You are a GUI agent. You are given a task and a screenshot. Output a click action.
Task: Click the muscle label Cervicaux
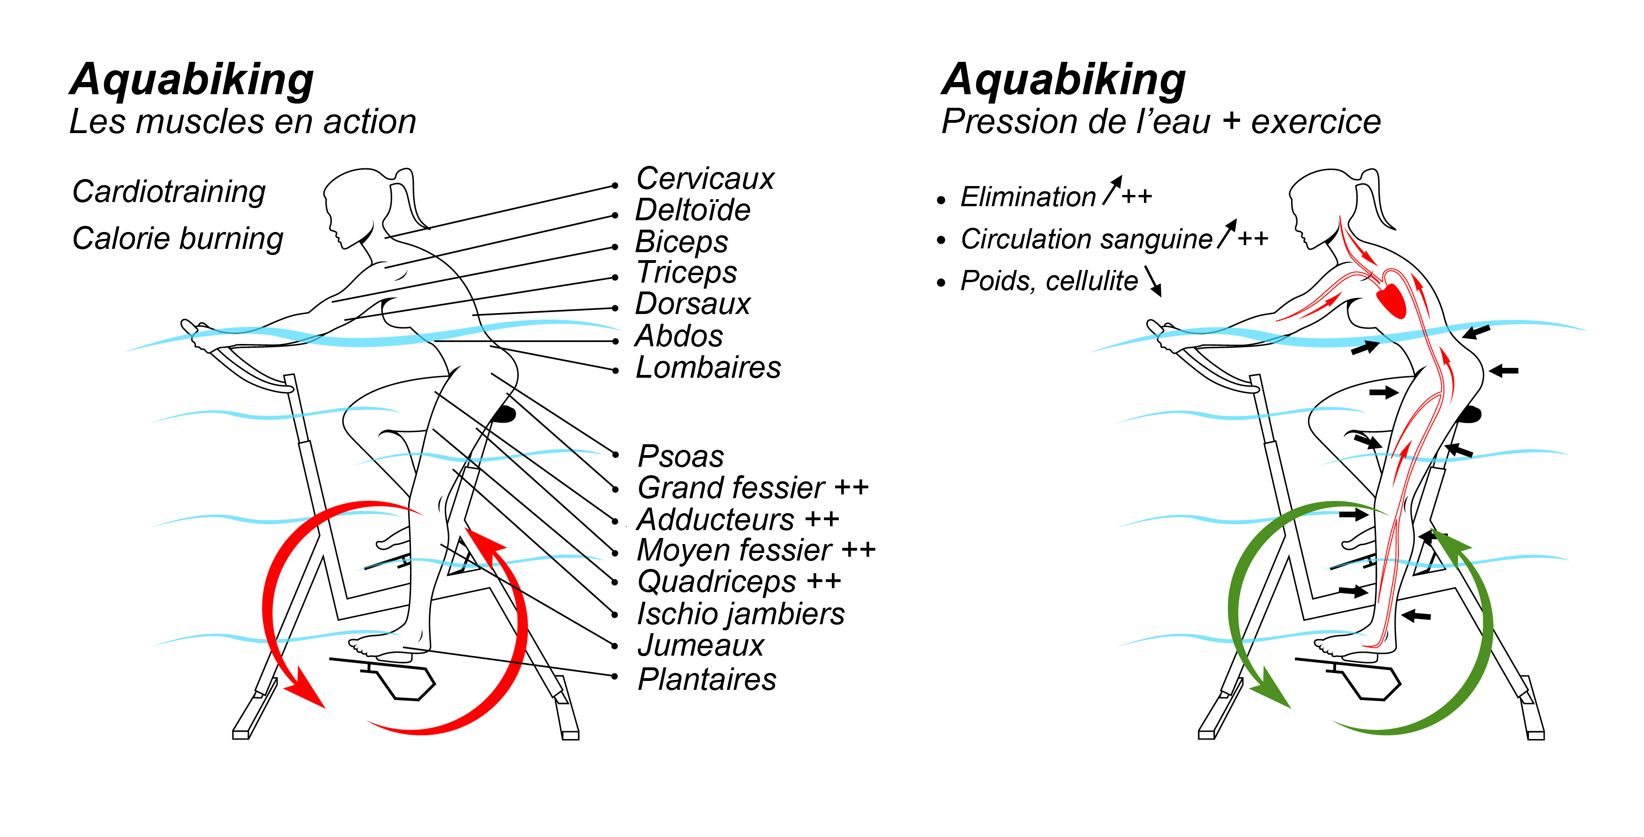704,178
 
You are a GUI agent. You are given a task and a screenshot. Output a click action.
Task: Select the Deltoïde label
693,210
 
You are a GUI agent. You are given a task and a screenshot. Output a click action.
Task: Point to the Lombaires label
708,368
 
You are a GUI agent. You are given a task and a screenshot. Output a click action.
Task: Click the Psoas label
680,456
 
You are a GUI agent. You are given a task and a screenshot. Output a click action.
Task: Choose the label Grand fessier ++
753,488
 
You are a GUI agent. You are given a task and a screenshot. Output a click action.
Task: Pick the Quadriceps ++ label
739,582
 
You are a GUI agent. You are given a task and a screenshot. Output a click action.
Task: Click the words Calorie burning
178,239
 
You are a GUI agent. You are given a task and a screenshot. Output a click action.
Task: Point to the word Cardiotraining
169,192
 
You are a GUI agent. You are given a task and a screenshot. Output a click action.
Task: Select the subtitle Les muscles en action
242,121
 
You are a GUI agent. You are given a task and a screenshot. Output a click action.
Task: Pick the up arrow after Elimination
1112,191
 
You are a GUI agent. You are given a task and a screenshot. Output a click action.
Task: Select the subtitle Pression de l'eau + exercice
1161,121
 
